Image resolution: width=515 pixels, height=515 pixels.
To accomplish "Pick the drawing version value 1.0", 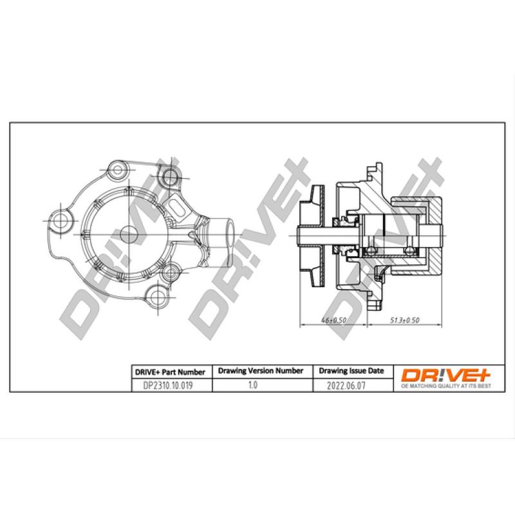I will pos(252,386).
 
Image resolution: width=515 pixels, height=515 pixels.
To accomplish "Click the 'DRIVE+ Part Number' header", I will pos(169,371).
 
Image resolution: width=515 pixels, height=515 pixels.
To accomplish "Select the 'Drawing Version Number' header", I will pos(261,371).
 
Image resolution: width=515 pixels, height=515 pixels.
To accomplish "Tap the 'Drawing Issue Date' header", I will pos(351,371).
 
